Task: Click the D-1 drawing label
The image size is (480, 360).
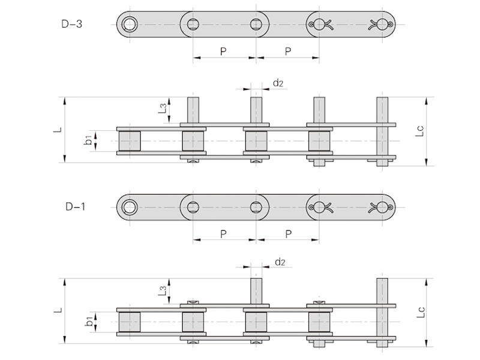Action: coord(76,207)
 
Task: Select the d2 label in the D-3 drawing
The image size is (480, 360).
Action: coord(278,83)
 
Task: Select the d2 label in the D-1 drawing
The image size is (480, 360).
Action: coord(280,262)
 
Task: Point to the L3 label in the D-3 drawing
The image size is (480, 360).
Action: coord(162,108)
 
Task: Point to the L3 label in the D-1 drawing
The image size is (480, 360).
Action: coord(162,291)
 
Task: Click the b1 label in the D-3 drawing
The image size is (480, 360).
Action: coord(88,140)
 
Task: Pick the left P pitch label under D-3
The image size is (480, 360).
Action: coord(223,52)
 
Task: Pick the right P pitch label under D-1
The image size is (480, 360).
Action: coord(287,233)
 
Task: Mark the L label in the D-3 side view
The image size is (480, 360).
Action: coord(58,130)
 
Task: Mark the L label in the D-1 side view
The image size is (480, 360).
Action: coord(58,310)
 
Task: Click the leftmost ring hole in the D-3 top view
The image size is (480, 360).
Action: coord(129,25)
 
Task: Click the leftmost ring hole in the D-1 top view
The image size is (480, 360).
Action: coord(129,208)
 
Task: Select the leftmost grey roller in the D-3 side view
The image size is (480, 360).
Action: coord(130,141)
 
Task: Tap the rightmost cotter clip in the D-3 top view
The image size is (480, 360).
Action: coord(382,25)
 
